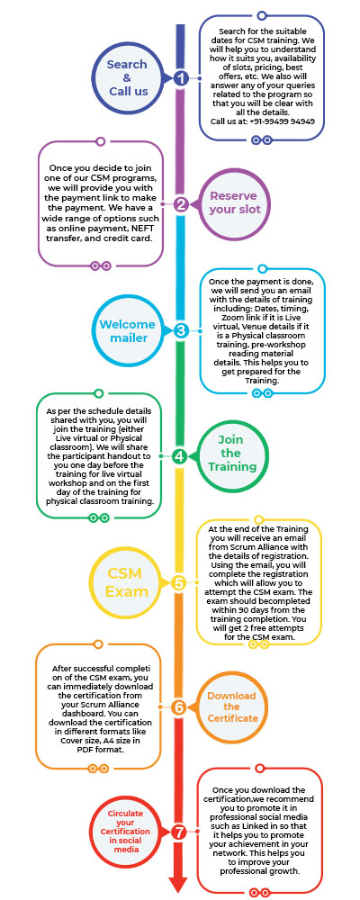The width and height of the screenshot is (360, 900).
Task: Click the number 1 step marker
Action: click(181, 78)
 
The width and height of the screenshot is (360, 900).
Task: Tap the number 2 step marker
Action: click(181, 203)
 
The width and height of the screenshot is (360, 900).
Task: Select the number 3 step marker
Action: click(181, 330)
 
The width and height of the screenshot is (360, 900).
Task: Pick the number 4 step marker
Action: click(180, 456)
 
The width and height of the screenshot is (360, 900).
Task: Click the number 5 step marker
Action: click(178, 582)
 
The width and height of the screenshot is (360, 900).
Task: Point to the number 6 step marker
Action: click(178, 707)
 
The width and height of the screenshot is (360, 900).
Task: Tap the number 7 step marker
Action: click(178, 832)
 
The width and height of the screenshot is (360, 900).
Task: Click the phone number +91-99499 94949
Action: click(282, 121)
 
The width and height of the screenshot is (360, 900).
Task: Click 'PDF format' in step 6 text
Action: click(100, 750)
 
